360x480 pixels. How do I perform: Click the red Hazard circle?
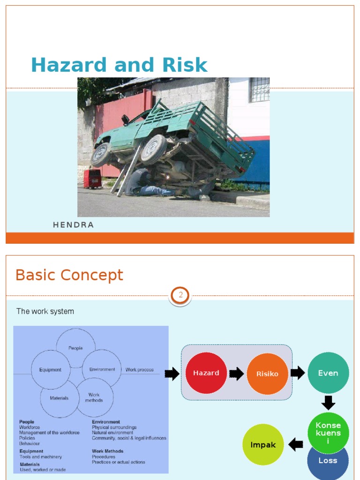[206, 373]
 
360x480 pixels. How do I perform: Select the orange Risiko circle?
[267, 374]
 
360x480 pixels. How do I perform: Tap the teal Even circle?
[328, 373]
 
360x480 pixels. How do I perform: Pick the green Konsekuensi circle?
[328, 432]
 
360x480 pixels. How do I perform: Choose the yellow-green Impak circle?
[263, 444]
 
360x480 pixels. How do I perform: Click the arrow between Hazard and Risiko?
[237, 374]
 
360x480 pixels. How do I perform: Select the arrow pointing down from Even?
[328, 403]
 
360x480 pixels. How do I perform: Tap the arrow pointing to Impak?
[296, 444]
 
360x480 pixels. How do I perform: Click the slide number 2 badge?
[180, 296]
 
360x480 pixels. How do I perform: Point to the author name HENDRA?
[74, 225]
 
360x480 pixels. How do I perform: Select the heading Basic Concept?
[69, 275]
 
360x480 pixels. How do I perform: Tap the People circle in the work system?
[75, 348]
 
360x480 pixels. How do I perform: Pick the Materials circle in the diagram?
[59, 398]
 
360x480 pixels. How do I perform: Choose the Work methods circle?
[94, 397]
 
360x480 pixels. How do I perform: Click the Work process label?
[139, 370]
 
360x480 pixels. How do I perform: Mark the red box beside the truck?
[92, 179]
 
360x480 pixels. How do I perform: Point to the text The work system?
[45, 311]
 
